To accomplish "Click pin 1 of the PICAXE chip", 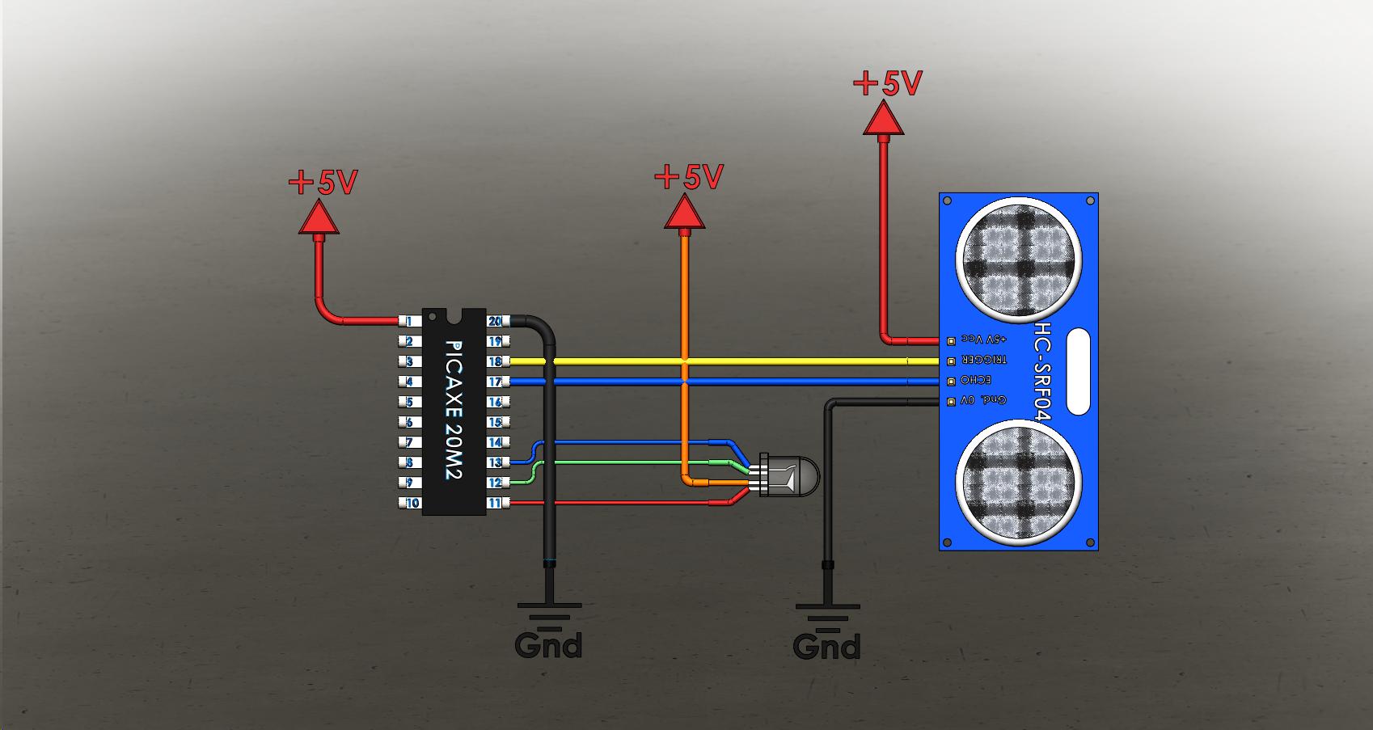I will pyautogui.click(x=410, y=322).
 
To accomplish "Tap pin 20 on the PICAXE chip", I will pyautogui.click(x=496, y=322).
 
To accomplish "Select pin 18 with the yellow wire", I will pyautogui.click(x=496, y=361).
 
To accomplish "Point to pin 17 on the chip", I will pyautogui.click(x=496, y=382).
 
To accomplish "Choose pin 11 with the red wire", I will pyautogui.click(x=496, y=503).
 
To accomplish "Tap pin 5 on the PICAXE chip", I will pyautogui.click(x=410, y=402).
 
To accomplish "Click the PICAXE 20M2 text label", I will pyautogui.click(x=454, y=410).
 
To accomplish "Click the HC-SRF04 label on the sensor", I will pyautogui.click(x=1043, y=371).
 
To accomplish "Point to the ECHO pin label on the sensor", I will pyautogui.click(x=975, y=380).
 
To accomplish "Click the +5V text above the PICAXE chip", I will pyautogui.click(x=323, y=183).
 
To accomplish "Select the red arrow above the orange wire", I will pyautogui.click(x=684, y=214).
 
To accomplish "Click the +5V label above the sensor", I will pyautogui.click(x=888, y=83).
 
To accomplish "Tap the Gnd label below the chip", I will pyautogui.click(x=548, y=645).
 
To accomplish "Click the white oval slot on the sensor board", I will pyautogui.click(x=1079, y=371).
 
